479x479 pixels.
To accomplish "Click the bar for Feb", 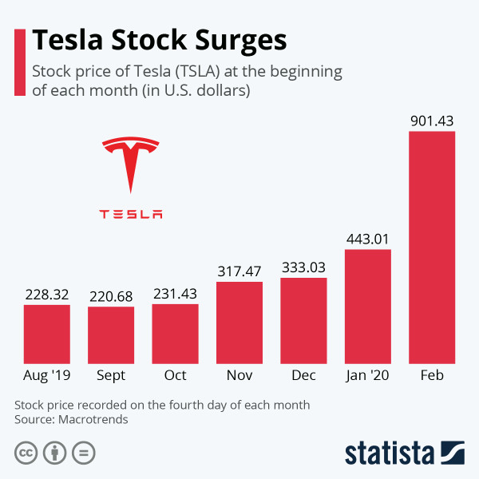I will click(x=432, y=247).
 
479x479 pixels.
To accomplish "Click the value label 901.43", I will click(x=432, y=121).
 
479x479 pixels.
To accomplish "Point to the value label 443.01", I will click(x=368, y=239).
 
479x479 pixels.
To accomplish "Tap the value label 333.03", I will click(x=303, y=267).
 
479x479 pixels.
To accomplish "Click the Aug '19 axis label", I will click(x=47, y=374).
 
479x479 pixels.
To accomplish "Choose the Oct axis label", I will click(x=175, y=374).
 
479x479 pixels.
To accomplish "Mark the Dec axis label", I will click(x=303, y=374).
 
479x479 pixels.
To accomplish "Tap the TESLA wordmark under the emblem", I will click(x=131, y=214).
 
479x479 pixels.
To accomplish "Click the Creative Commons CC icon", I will click(x=26, y=453).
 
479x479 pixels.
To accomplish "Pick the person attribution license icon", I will click(x=55, y=453).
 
